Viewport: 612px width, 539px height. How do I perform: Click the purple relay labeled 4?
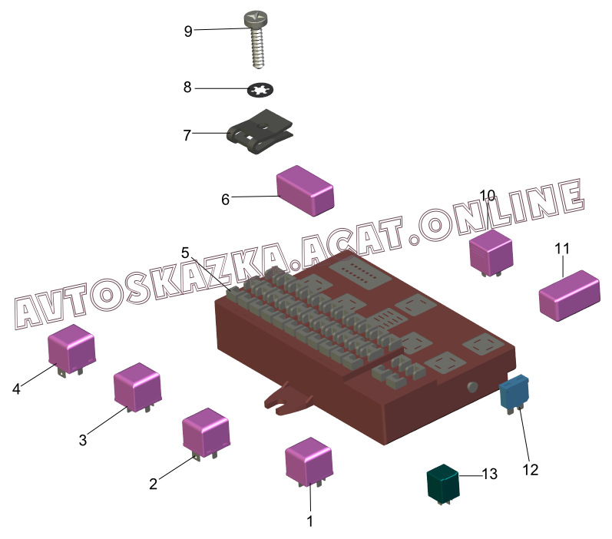(71, 349)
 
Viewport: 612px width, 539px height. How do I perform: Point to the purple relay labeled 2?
(205, 432)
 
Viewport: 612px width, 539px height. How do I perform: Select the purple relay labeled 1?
(309, 461)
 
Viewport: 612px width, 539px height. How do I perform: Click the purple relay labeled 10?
(491, 250)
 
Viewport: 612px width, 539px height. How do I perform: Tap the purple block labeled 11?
(569, 294)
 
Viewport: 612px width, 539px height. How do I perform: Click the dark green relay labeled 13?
(443, 484)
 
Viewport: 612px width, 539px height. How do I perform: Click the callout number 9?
(187, 31)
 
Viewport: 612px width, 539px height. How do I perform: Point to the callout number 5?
(185, 253)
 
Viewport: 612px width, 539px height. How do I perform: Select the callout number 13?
(489, 474)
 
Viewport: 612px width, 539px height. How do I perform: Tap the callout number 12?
(531, 468)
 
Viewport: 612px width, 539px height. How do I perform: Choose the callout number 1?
(310, 521)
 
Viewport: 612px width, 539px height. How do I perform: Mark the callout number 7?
(187, 135)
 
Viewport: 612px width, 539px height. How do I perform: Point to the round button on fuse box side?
(471, 387)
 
